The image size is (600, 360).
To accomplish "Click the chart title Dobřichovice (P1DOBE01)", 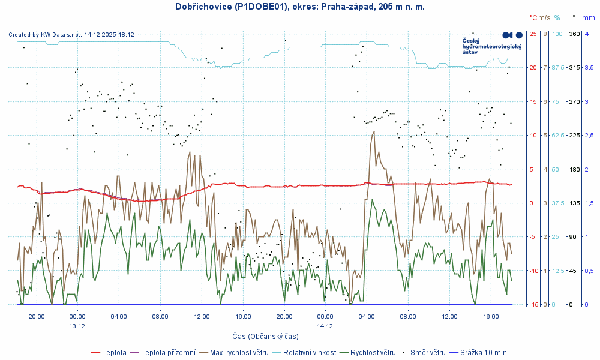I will click(231, 7).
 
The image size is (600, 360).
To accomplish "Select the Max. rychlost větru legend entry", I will click(238, 352).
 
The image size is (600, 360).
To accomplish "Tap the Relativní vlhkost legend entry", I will click(309, 352).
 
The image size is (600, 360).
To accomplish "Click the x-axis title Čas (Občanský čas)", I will click(266, 337).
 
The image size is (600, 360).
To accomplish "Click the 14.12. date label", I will click(325, 326).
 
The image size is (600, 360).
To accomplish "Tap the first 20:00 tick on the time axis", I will click(37, 316).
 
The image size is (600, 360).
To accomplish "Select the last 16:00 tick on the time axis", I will click(491, 316).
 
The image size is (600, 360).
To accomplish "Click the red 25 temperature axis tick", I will click(533, 34).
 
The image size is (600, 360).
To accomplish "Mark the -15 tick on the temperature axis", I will click(532, 305).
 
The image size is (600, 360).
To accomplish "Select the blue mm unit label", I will click(588, 18).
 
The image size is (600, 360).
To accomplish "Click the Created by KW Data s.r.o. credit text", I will click(71, 35).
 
